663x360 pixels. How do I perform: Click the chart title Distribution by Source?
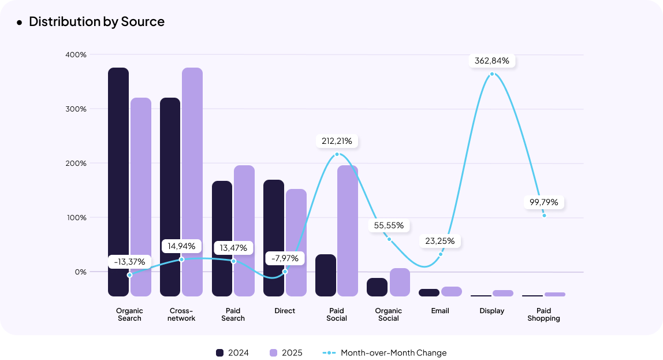pos(96,22)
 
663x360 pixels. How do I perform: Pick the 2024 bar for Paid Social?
pos(326,275)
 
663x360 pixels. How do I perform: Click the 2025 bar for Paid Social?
pos(348,231)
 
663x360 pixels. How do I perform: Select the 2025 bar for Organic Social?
pos(400,282)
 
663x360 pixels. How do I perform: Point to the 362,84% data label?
pos(492,61)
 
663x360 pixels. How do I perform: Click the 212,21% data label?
pos(337,141)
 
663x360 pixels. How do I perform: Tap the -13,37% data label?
pos(129,262)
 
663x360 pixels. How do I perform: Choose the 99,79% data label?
pos(543,202)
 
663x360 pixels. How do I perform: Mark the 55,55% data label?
pos(389,225)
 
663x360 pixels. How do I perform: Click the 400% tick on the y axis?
pos(76,55)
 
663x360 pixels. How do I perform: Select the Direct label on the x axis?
pos(285,311)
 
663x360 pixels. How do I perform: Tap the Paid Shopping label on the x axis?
pos(543,314)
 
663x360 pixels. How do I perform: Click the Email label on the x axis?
pos(440,311)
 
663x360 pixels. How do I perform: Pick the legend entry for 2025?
pos(286,353)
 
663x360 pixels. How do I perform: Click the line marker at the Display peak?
pos(492,74)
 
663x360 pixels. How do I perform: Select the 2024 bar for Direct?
pos(274,237)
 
